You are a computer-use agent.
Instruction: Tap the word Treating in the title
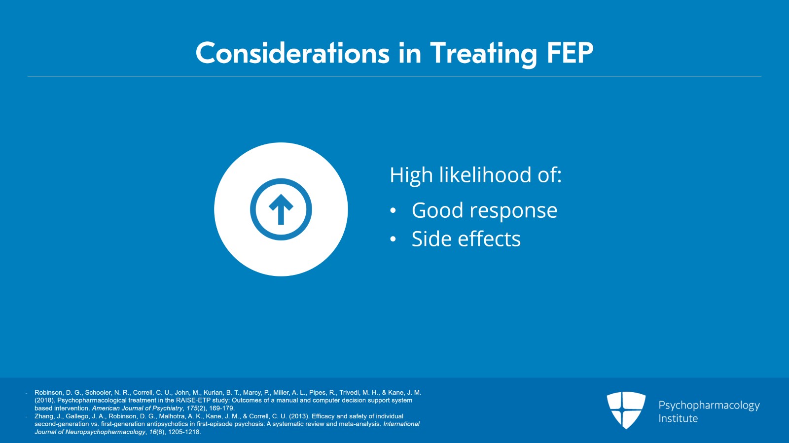pyautogui.click(x=483, y=53)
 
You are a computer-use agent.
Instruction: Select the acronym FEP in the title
pyautogui.click(x=570, y=53)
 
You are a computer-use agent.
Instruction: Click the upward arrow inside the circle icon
pyautogui.click(x=281, y=209)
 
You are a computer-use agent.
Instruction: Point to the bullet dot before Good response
pyautogui.click(x=393, y=211)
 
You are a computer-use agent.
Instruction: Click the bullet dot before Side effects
pyautogui.click(x=393, y=239)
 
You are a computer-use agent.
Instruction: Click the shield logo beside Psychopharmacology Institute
pyautogui.click(x=626, y=409)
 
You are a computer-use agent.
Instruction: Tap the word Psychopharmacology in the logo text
pyautogui.click(x=709, y=405)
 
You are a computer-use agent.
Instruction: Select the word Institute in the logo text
pyautogui.click(x=678, y=418)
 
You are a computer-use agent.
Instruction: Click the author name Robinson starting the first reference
pyautogui.click(x=48, y=393)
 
